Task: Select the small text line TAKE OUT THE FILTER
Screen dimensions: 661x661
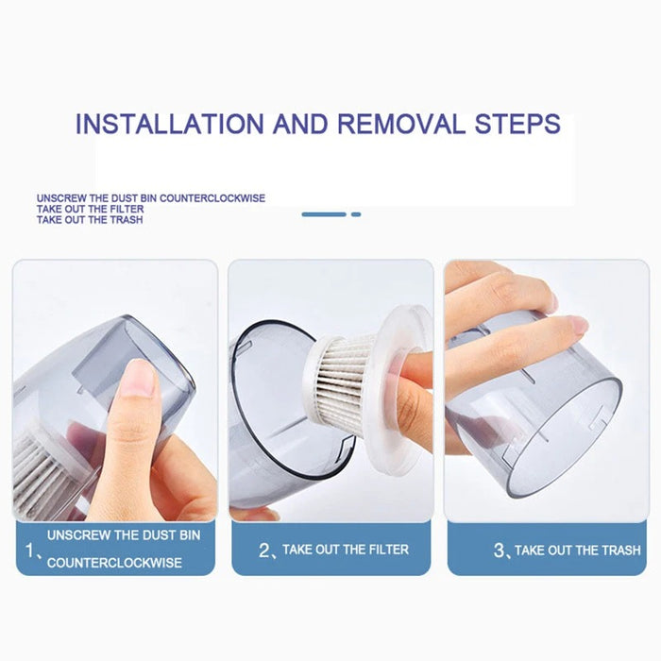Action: click(x=91, y=209)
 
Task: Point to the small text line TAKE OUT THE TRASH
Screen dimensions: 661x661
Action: click(x=90, y=220)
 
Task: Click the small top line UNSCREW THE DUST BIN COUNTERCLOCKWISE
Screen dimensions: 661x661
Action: click(x=151, y=198)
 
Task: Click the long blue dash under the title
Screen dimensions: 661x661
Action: click(x=324, y=214)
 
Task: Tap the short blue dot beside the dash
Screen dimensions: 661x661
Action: click(x=356, y=214)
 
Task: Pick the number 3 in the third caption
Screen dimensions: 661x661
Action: click(x=499, y=549)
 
